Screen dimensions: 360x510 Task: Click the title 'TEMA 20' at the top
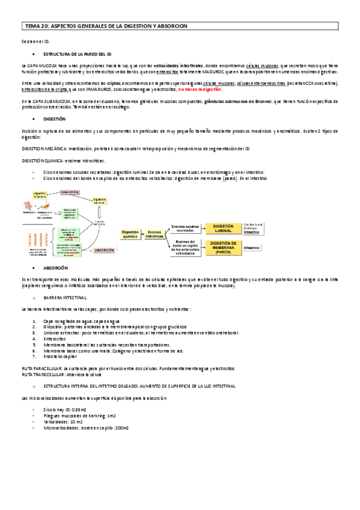point(37,26)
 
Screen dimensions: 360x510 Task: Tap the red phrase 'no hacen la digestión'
point(200,89)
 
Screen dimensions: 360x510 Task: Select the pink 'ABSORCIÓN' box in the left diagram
point(104,248)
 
